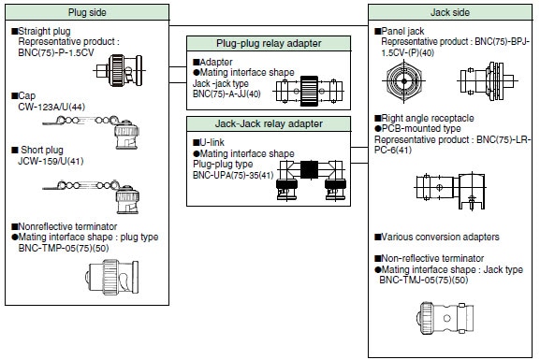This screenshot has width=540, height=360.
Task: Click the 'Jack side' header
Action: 453,11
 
